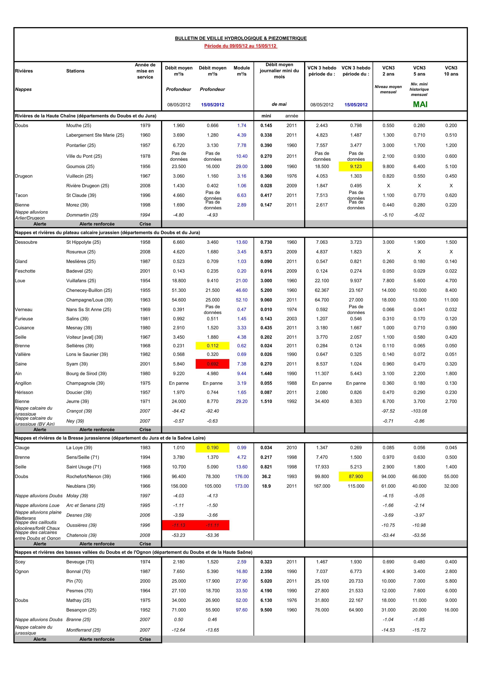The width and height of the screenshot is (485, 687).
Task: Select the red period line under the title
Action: pyautogui.click(x=241, y=46)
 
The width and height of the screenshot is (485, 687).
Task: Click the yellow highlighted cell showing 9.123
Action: pyautogui.click(x=356, y=166)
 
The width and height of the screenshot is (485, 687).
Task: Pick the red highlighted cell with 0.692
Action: pyautogui.click(x=213, y=364)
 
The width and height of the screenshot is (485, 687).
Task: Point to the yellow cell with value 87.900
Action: pyautogui.click(x=356, y=476)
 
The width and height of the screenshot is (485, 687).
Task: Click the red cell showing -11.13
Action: pyautogui.click(x=179, y=525)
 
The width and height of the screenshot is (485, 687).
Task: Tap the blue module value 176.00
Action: pyautogui.click(x=241, y=476)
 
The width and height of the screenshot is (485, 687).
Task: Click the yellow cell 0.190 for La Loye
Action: pyautogui.click(x=213, y=448)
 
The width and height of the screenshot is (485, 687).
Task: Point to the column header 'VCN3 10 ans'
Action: pyautogui.click(x=451, y=71)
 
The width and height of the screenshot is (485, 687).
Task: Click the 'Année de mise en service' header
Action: pyautogui.click(x=145, y=71)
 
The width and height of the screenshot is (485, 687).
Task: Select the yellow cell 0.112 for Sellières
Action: pyautogui.click(x=213, y=346)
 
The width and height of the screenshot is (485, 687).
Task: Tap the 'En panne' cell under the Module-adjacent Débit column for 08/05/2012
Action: pyautogui.click(x=179, y=383)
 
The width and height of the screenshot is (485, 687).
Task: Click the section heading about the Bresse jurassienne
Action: pyautogui.click(x=110, y=438)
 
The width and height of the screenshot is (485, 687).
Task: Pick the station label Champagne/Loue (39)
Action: pyautogui.click(x=89, y=300)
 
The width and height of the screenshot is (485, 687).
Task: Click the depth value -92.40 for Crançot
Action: pyautogui.click(x=213, y=411)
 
